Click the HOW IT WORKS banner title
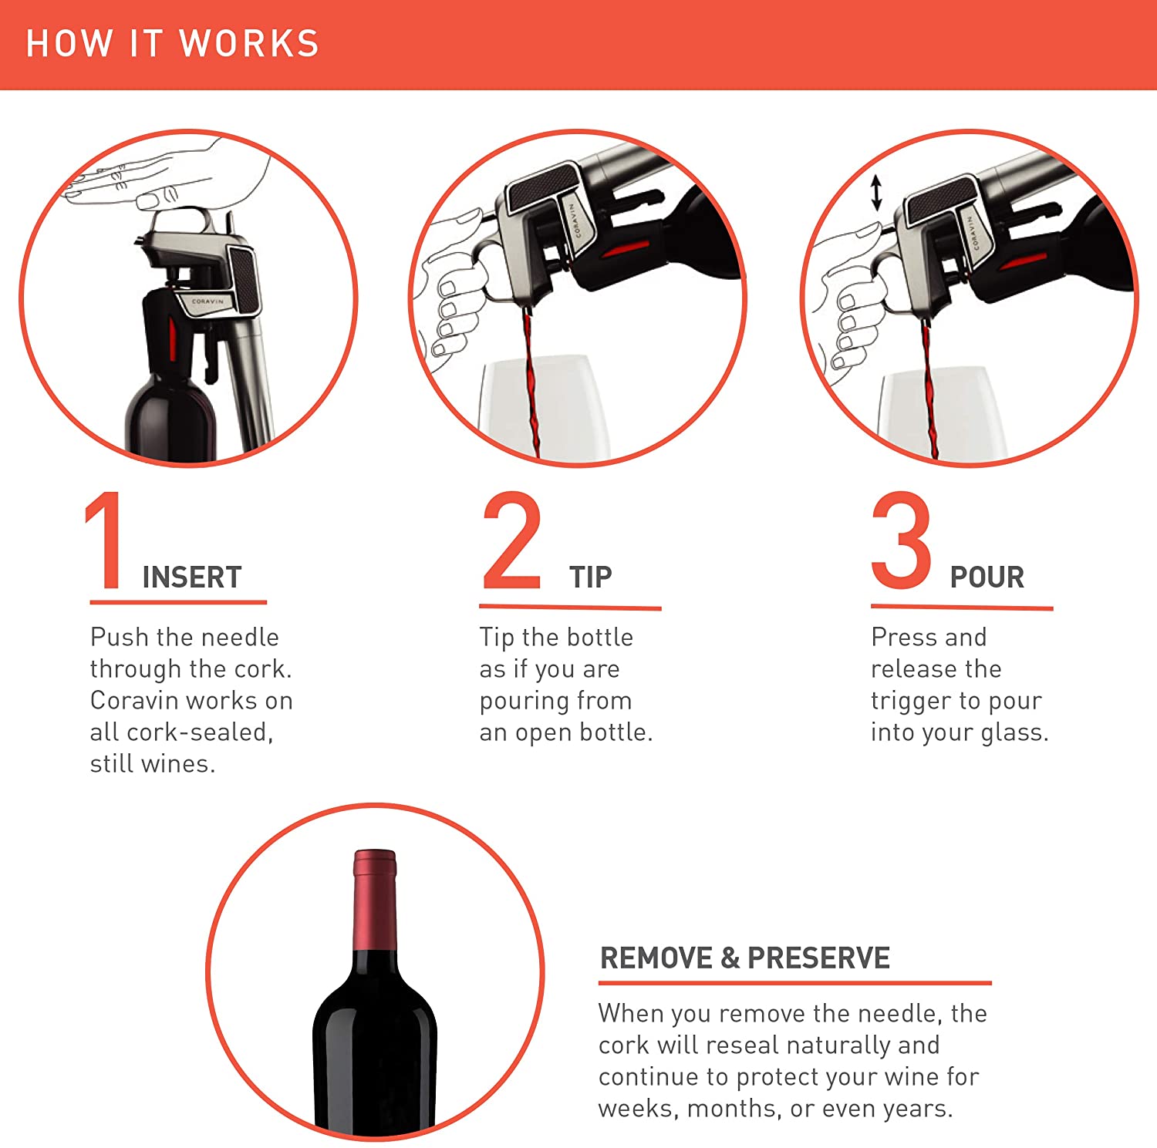point(173,43)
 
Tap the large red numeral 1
point(105,540)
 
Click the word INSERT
point(192,577)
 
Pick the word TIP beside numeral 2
point(591,577)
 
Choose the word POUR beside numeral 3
point(987,577)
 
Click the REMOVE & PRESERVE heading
point(745,958)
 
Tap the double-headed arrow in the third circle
point(876,193)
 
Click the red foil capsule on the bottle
point(375,900)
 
